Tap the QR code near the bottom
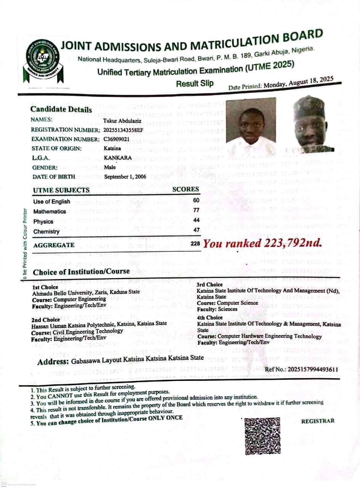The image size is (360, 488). pyautogui.click(x=262, y=435)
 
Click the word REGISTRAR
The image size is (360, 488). pyautogui.click(x=318, y=421)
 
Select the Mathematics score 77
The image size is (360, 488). pyautogui.click(x=196, y=210)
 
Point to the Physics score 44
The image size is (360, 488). pyautogui.click(x=196, y=220)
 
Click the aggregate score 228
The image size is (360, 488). pyautogui.click(x=195, y=243)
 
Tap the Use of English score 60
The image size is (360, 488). pyautogui.click(x=196, y=200)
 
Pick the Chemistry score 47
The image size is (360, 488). pyautogui.click(x=196, y=230)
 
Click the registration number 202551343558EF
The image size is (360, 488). pyautogui.click(x=123, y=130)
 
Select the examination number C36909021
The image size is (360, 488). pyautogui.click(x=116, y=139)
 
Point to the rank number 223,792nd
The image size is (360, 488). pyautogui.click(x=292, y=243)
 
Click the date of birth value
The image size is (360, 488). pyautogui.click(x=125, y=177)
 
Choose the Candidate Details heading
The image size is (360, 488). pyautogui.click(x=61, y=110)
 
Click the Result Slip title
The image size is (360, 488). pyautogui.click(x=195, y=83)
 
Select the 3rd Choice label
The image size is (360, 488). pyautogui.click(x=210, y=285)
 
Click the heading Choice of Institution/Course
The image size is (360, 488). pyautogui.click(x=81, y=272)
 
